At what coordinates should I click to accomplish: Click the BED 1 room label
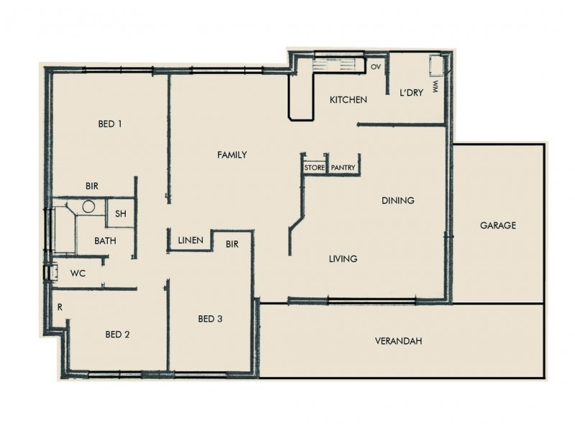coord(110,124)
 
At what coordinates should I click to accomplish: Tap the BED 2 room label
coord(117,334)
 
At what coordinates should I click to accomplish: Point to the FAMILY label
coord(232,154)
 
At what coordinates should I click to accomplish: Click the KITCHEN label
coord(349,100)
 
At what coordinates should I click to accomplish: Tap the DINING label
coord(397,200)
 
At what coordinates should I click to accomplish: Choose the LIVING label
coord(343,259)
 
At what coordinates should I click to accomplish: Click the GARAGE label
coord(498,226)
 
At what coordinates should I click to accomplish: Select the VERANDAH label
coord(397,340)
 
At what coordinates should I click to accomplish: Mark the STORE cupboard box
coord(315,168)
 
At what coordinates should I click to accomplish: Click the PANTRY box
coord(344,168)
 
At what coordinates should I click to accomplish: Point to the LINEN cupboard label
coord(190,240)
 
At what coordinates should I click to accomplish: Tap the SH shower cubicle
coord(121,213)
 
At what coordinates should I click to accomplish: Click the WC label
coord(78,274)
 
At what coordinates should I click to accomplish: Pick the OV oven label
coord(375,67)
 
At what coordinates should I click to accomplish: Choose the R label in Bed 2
coord(60,307)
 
